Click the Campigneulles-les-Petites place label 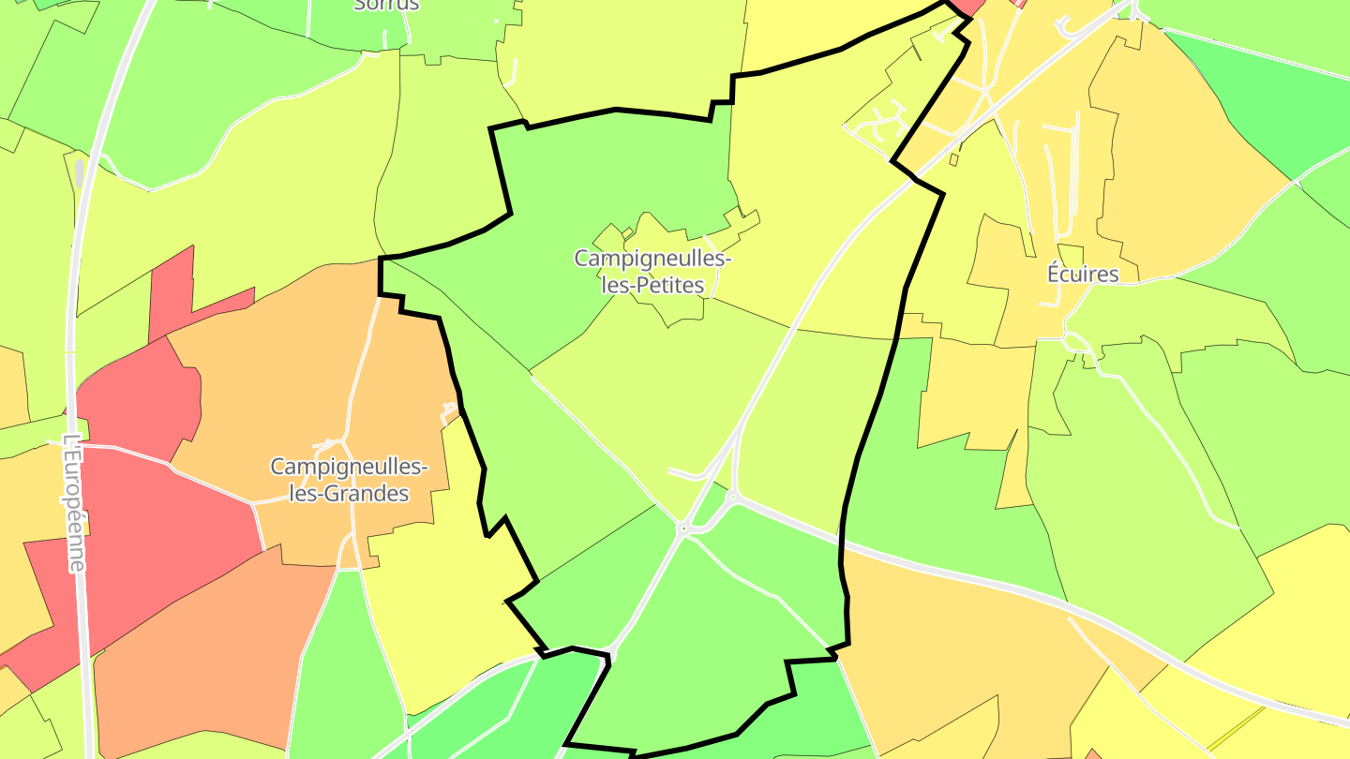[x=652, y=271]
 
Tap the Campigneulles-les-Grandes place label [x=350, y=479]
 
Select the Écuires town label [x=1083, y=275]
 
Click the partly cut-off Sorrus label [x=386, y=5]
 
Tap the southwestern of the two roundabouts [x=683, y=529]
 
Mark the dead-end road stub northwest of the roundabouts [x=687, y=473]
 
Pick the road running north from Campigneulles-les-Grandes [x=361, y=375]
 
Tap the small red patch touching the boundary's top [x=967, y=7]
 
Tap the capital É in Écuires [x=1055, y=275]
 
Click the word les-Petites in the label [x=652, y=285]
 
